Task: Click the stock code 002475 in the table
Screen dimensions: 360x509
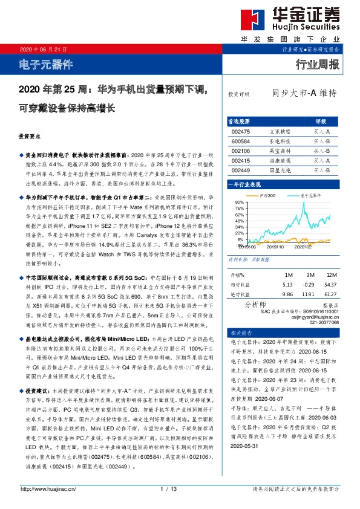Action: [x=241, y=131]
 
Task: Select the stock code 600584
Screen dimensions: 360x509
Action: [x=241, y=141]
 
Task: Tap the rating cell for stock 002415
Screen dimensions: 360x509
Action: [x=321, y=161]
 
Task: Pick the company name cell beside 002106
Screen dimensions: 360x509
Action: [x=278, y=151]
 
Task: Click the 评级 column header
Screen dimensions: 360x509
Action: [x=321, y=121]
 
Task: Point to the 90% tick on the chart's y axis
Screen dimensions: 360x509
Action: [x=238, y=203]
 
